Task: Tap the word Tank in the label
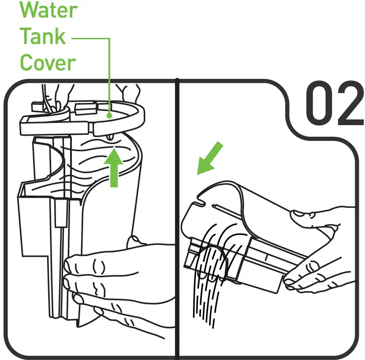(43, 36)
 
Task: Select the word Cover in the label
(48, 63)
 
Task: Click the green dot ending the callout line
(109, 115)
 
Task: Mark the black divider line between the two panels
(177, 220)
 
